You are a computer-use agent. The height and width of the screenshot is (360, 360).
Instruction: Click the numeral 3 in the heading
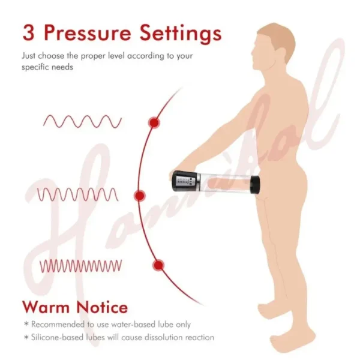(x=29, y=33)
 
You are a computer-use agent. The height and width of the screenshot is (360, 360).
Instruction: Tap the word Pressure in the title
(x=87, y=33)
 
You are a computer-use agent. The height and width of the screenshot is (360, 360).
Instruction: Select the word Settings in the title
(x=181, y=34)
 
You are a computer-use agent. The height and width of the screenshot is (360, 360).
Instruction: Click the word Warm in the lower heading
(x=46, y=307)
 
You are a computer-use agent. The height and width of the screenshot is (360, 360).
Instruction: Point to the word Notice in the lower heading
(x=102, y=307)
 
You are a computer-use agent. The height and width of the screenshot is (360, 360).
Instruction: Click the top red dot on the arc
(x=154, y=122)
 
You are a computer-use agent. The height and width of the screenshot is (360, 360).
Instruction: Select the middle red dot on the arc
(x=139, y=196)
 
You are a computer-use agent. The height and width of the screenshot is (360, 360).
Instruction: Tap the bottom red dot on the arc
(x=158, y=265)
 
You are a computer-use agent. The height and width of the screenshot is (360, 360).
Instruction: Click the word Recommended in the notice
(x=58, y=325)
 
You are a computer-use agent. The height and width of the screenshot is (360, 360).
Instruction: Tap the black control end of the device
(x=184, y=181)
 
